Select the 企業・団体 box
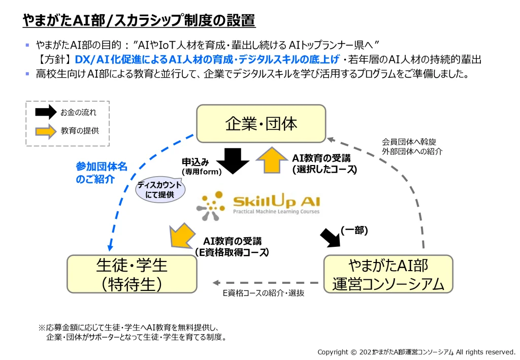click(x=261, y=123)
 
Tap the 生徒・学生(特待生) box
click(x=132, y=274)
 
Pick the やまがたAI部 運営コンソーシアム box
click(x=388, y=274)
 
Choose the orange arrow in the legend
click(x=45, y=130)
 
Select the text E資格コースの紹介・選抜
click(x=264, y=293)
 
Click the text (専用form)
click(x=202, y=172)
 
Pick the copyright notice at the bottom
click(x=416, y=352)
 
